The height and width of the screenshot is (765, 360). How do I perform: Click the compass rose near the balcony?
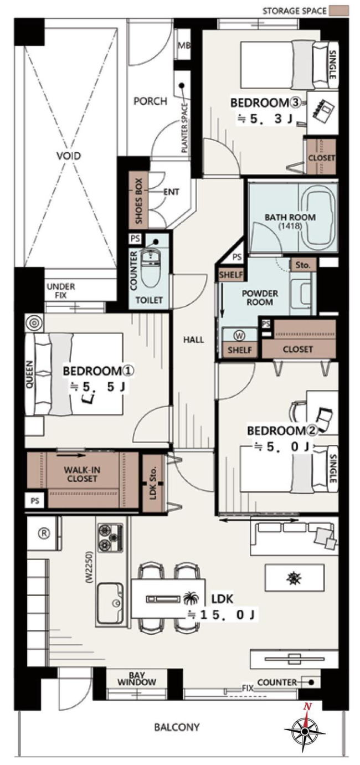coord(305,730)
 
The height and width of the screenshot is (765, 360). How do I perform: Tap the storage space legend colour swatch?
coord(338,11)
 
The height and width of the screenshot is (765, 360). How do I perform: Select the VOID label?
coord(69,156)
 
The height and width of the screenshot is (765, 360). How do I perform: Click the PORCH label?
coord(150,101)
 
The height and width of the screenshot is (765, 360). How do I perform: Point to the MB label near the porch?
coord(184,45)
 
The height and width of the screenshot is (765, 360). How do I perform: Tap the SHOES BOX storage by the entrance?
coord(138,202)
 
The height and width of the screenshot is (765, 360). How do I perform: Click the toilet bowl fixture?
coord(150,270)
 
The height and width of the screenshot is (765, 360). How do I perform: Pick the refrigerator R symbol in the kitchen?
coord(43,533)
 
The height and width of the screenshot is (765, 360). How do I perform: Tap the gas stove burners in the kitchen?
coord(110,538)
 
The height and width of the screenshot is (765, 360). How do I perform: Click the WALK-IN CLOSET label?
coord(82,474)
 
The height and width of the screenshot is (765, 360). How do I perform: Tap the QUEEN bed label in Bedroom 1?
coord(29,374)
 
